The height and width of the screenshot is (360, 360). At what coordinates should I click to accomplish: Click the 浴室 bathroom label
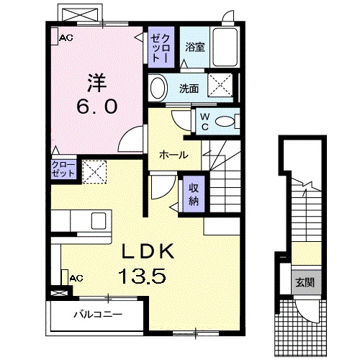(194, 48)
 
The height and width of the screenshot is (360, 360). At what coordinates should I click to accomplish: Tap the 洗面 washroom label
(189, 89)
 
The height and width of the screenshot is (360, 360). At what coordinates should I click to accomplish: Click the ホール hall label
(174, 155)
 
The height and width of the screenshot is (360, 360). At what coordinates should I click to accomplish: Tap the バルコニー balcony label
(98, 315)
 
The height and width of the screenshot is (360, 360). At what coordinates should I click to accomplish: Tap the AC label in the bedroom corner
(66, 38)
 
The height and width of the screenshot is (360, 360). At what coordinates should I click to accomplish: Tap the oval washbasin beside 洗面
(158, 89)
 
